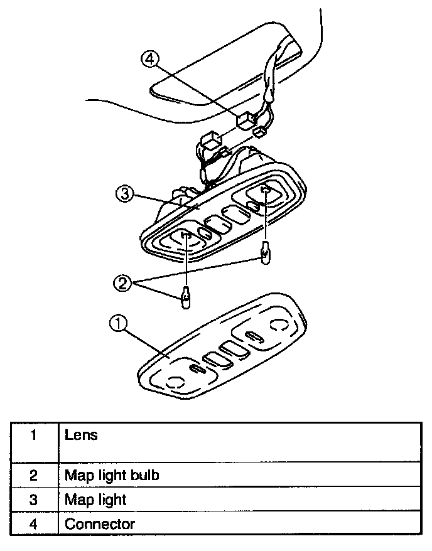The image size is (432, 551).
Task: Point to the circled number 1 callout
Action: pos(117,324)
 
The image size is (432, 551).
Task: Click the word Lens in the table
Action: pos(82,434)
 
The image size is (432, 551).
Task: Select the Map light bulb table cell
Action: pos(112,475)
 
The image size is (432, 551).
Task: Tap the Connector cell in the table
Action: pos(99,523)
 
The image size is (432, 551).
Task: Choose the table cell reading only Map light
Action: pos(95,500)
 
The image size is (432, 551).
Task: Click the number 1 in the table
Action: pos(33,434)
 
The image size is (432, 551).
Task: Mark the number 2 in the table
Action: pos(33,475)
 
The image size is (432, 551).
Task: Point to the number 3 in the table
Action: pos(33,500)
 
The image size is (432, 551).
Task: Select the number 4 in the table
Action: pos(33,523)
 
